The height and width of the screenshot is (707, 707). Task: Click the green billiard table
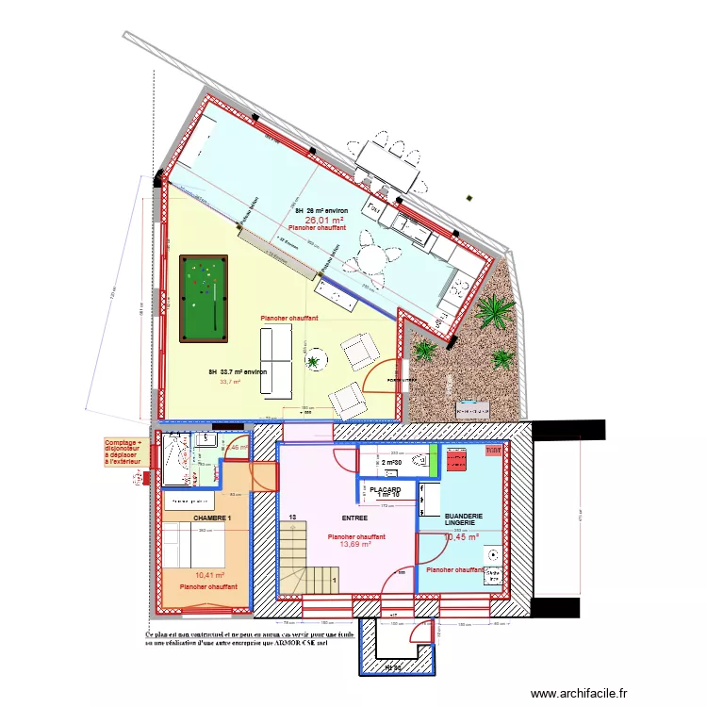(204, 298)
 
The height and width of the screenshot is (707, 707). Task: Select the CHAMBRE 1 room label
(212, 519)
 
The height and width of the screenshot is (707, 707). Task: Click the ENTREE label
(353, 518)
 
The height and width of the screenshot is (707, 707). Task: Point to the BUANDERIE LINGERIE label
(464, 518)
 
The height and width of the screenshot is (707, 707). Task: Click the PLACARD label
(385, 491)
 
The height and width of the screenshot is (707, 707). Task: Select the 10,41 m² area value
(209, 575)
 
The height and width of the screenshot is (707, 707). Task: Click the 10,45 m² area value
(461, 537)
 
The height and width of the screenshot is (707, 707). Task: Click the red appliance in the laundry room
(458, 461)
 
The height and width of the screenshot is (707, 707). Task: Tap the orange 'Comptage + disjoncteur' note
(123, 451)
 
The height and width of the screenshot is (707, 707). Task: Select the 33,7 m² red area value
(230, 382)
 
